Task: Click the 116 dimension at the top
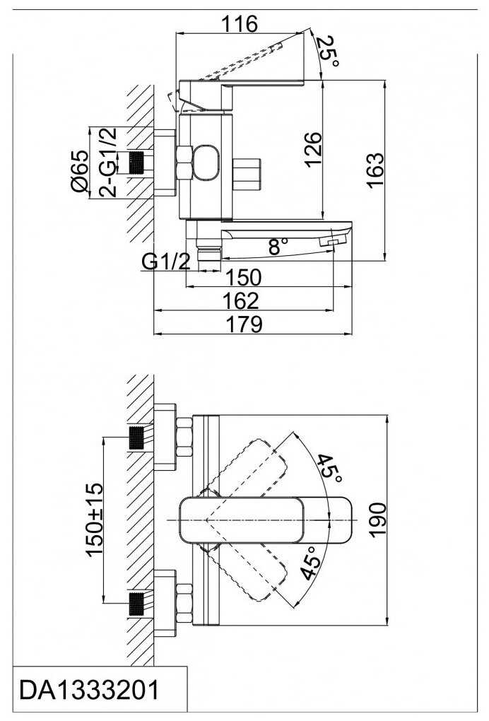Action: point(240,24)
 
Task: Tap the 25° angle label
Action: point(329,52)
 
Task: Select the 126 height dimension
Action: point(313,151)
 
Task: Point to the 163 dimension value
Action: point(375,169)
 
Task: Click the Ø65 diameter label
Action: point(78,170)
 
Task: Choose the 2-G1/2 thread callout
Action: point(108,162)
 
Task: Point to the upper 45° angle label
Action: point(330,469)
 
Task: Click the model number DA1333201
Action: point(89,690)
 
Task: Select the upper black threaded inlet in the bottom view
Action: point(136,438)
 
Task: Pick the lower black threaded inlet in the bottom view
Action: point(136,604)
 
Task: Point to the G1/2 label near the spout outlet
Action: point(165,262)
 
